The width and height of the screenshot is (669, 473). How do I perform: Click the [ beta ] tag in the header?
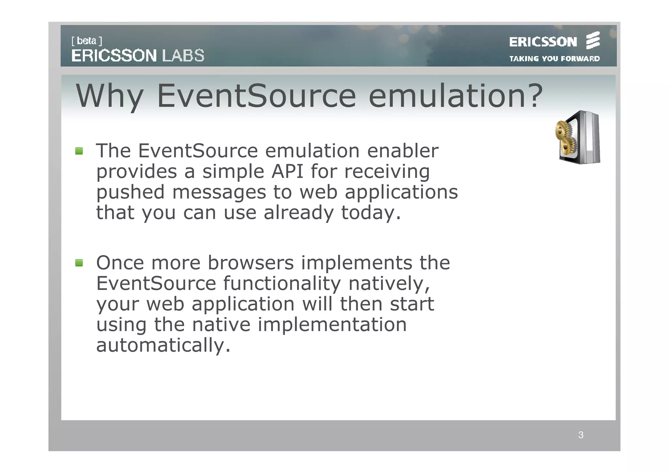[87, 41]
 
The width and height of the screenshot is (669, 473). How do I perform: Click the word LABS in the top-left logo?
[183, 56]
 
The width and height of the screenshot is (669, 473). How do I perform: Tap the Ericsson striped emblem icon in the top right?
[593, 41]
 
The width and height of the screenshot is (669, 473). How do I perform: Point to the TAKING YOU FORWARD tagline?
[554, 59]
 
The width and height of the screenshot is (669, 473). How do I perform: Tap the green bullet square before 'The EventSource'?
[79, 151]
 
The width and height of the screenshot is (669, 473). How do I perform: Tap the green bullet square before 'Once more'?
[79, 262]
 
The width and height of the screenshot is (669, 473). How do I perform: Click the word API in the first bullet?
[287, 171]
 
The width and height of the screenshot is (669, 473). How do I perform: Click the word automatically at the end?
[163, 345]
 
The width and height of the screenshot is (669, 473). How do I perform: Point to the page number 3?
[581, 435]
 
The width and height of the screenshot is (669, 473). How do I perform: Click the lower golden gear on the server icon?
[568, 146]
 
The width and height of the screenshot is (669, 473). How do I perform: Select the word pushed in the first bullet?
[130, 192]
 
